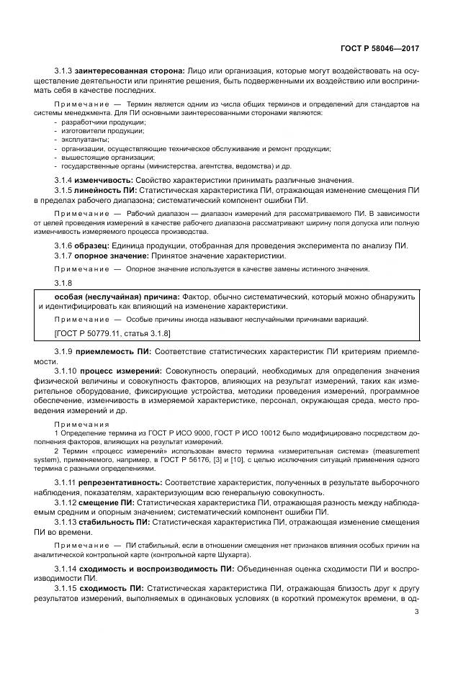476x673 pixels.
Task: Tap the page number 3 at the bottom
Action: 417,612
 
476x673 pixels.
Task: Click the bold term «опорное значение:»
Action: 112,256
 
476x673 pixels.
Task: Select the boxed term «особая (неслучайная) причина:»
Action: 117,297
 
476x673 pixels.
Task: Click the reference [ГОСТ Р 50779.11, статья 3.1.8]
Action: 112,335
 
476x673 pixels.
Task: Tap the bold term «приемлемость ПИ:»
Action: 114,351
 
